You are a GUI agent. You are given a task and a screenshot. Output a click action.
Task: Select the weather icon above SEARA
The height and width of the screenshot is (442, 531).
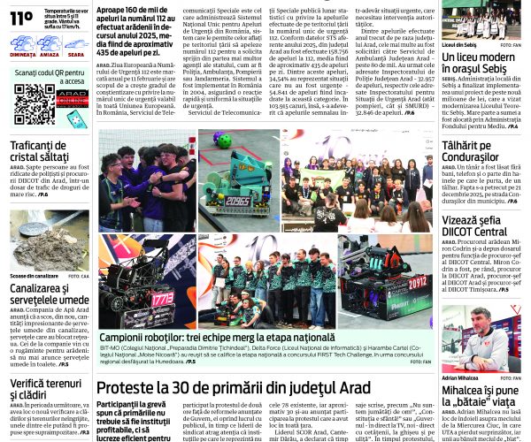[x=75, y=42]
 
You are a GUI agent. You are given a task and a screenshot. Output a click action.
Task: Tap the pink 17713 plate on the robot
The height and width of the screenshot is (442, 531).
[x=161, y=299]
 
